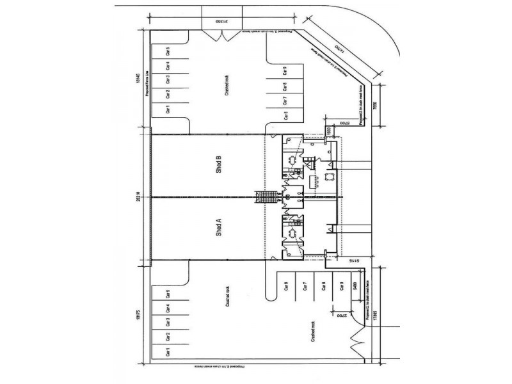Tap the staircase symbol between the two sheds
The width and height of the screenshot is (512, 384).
click(x=264, y=198)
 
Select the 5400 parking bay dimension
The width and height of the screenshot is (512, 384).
click(x=355, y=285)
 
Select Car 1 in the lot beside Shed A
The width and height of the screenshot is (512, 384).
click(x=168, y=351)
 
